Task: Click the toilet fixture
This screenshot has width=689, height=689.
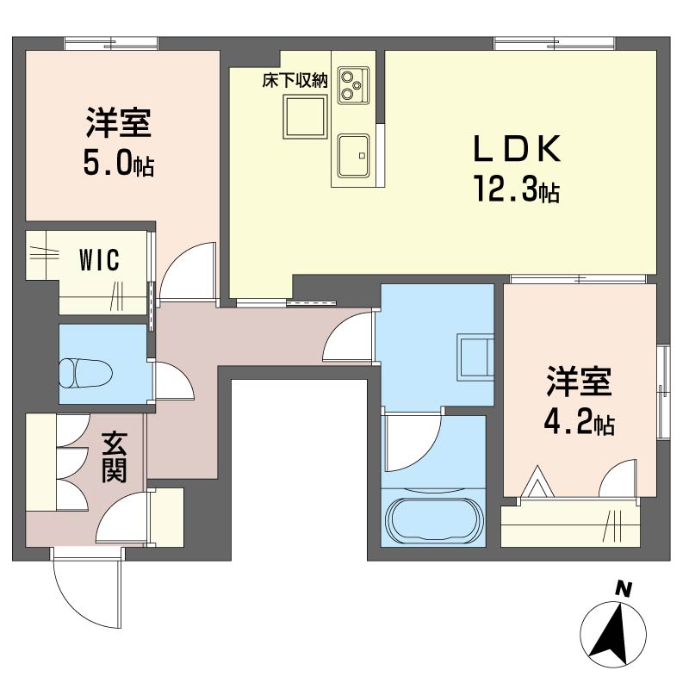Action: point(85,374)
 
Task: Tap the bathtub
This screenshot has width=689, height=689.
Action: point(434,521)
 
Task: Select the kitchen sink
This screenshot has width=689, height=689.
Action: point(353,156)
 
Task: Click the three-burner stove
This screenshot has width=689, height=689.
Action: point(353,85)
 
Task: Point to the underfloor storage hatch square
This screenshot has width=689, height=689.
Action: point(306,117)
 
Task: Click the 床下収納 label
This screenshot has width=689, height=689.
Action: point(295,81)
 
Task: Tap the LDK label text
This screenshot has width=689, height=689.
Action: point(517,149)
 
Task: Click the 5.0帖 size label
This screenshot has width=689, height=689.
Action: point(119,164)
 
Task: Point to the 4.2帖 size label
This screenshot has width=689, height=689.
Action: point(579,422)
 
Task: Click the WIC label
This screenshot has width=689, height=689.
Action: point(99,260)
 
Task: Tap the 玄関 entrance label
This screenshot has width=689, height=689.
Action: point(115,457)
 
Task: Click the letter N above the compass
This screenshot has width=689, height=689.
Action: point(623,589)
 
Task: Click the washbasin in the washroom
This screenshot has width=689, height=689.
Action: point(475,357)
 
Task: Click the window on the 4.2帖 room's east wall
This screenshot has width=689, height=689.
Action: point(663,392)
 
